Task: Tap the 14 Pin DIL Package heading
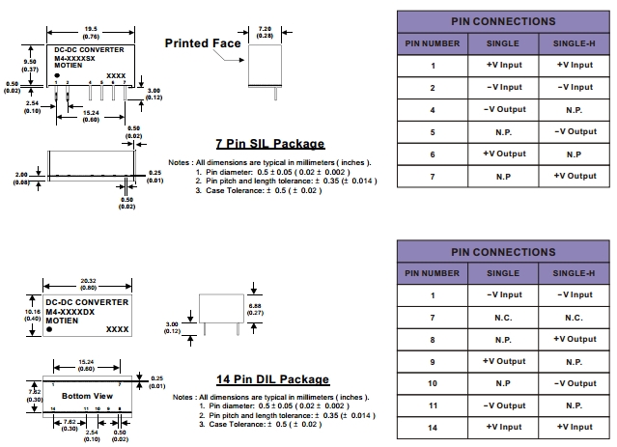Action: pos(271,379)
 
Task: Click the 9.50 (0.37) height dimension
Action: pos(30,67)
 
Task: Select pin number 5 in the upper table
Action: pos(433,131)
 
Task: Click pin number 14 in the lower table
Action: pos(433,427)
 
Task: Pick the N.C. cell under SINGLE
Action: pos(503,317)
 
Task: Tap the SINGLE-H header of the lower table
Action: pos(574,273)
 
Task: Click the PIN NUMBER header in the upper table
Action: pos(433,42)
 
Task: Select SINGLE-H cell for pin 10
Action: pos(574,383)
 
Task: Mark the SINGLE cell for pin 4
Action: pos(503,109)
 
